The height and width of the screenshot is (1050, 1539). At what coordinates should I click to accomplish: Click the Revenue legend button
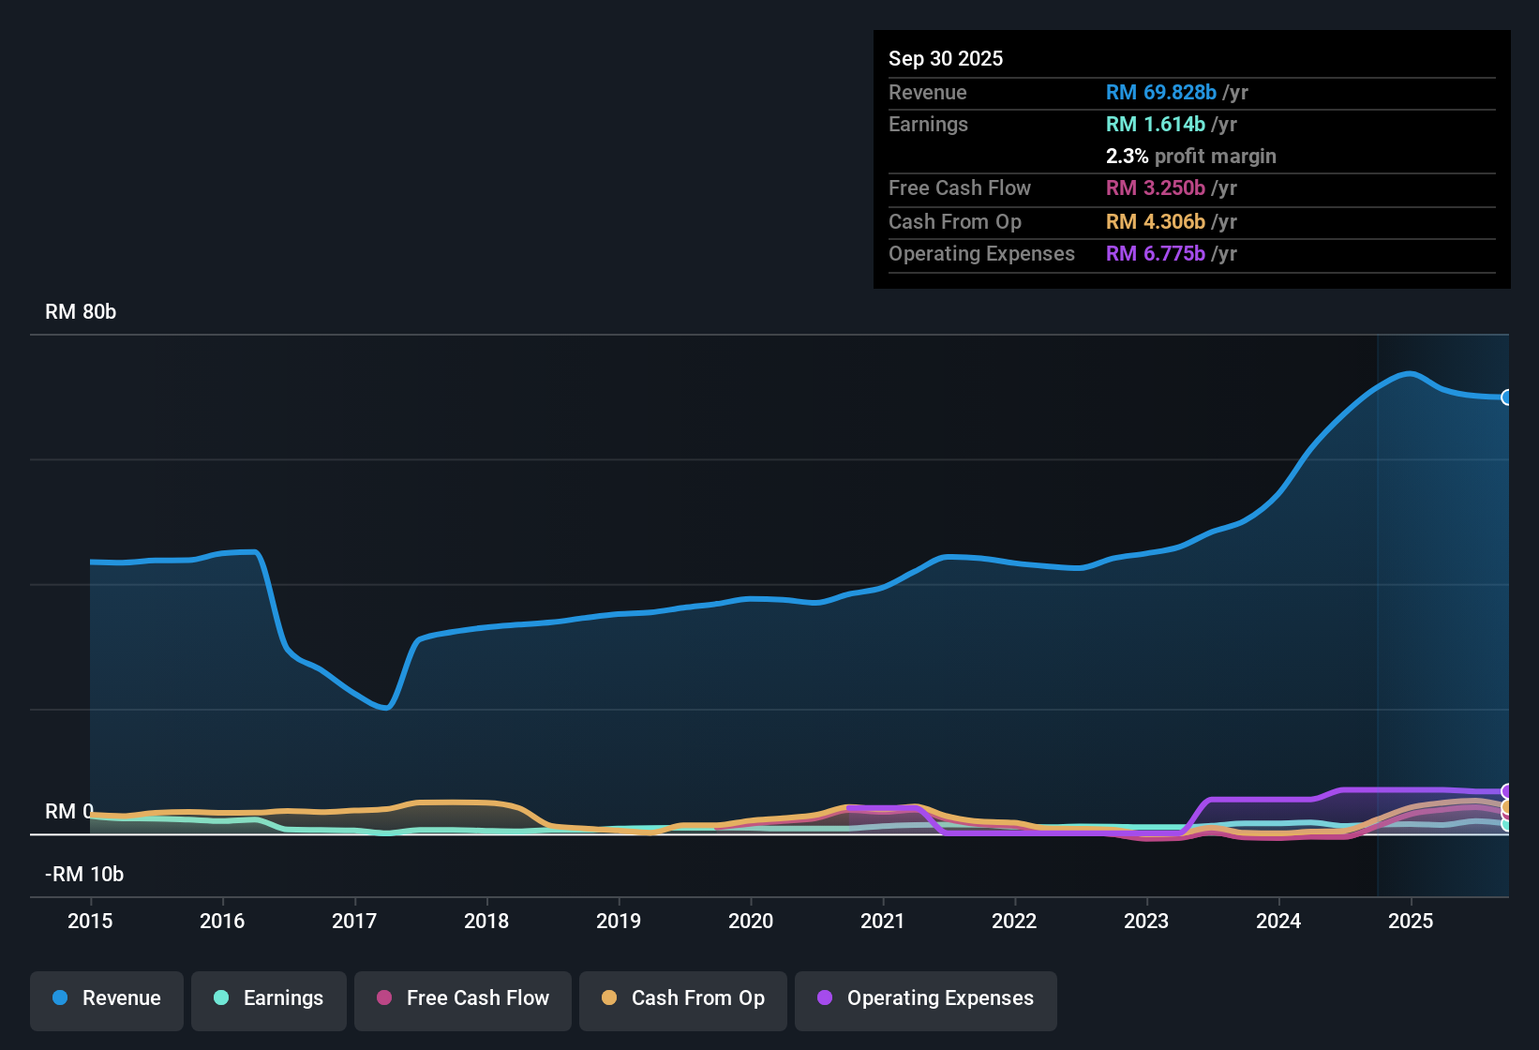click(x=107, y=998)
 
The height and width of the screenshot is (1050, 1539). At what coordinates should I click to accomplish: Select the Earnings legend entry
click(x=269, y=998)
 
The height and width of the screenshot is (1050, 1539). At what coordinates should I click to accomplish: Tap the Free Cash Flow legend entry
click(x=463, y=998)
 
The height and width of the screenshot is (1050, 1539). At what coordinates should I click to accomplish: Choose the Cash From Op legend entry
click(x=683, y=998)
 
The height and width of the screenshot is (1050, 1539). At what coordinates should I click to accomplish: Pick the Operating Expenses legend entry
click(x=926, y=998)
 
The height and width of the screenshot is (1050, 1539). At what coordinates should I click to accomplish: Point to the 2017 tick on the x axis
click(x=354, y=921)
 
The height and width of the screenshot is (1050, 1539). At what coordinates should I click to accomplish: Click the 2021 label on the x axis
click(x=882, y=921)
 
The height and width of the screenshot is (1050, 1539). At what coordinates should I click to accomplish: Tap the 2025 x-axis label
click(x=1410, y=921)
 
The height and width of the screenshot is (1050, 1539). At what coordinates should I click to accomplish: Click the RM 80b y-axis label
click(x=81, y=312)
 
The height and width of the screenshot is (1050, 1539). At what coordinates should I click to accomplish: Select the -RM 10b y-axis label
click(x=84, y=875)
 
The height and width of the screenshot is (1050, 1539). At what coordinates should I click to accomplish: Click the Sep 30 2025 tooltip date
click(x=945, y=58)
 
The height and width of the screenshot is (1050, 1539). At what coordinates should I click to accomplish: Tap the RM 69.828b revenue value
click(x=1161, y=92)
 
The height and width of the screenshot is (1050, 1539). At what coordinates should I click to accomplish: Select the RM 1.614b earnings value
click(x=1156, y=124)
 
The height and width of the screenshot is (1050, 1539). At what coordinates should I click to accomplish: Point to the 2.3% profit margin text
click(x=1190, y=156)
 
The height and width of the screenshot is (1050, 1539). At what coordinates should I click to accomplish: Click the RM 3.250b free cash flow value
click(x=1156, y=187)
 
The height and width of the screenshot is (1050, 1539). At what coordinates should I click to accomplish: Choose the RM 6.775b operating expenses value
click(x=1156, y=253)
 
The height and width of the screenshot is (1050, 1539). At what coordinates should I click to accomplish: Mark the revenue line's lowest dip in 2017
click(x=385, y=708)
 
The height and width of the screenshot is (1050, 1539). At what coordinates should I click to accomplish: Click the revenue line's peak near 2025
click(x=1409, y=373)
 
